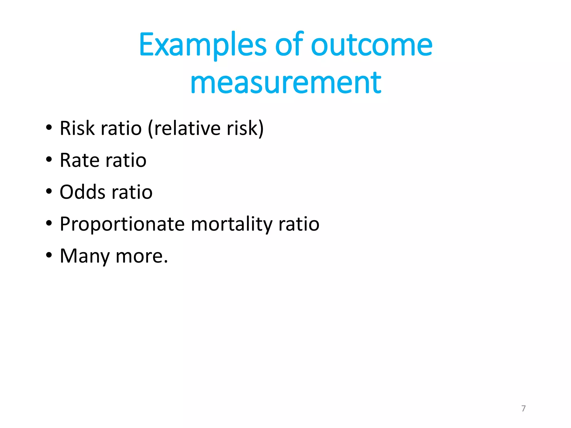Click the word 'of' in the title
(289, 45)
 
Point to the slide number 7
(523, 408)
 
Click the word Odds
(83, 192)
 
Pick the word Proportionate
(122, 225)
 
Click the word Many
(85, 256)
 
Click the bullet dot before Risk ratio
(49, 128)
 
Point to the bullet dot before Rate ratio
(49, 160)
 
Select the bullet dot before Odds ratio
(49, 191)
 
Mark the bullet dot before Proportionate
(49, 223)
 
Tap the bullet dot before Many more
(49, 255)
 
